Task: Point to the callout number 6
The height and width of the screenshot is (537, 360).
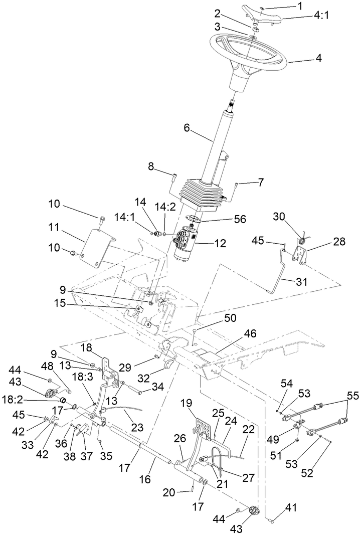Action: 188,128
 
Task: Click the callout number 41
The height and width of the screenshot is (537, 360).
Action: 292,508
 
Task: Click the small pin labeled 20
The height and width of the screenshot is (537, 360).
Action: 193,488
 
